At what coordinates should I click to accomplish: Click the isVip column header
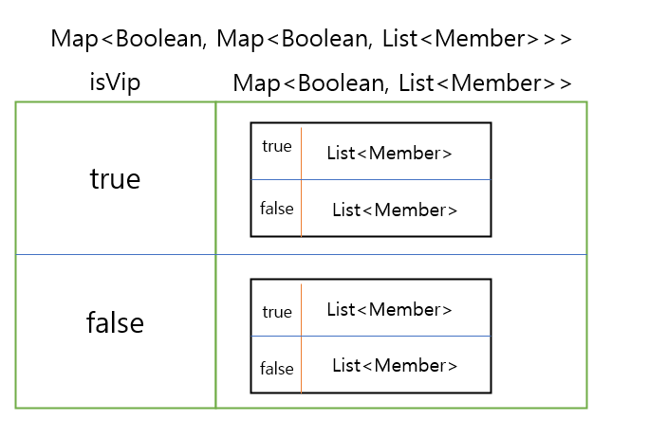[115, 82]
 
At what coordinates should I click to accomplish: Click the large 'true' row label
[115, 178]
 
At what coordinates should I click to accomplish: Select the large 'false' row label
[115, 323]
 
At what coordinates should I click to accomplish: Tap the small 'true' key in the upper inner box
[277, 147]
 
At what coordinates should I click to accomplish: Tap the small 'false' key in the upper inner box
[277, 209]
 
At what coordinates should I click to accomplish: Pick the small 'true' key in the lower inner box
[277, 311]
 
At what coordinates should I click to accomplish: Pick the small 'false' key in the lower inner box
[277, 368]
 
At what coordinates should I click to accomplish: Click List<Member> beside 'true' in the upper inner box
[389, 153]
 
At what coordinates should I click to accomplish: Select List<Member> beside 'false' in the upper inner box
[395, 210]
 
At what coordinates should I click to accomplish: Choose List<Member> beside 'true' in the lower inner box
[389, 309]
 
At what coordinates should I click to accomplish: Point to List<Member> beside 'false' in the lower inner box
[395, 366]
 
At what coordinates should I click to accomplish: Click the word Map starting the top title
[72, 39]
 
